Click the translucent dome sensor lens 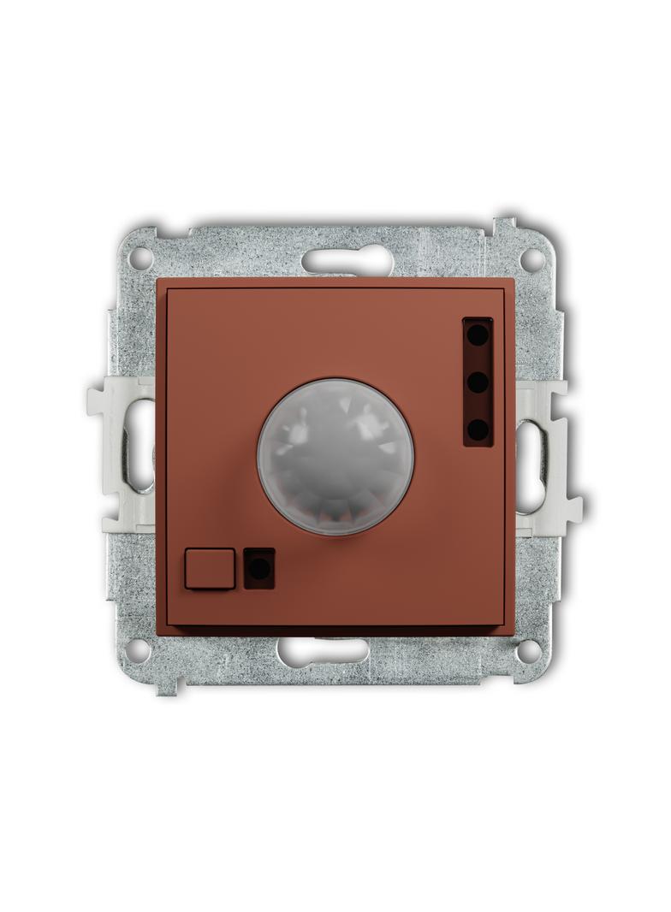coord(335,457)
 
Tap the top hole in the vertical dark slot coord(478,335)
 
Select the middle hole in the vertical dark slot coord(478,382)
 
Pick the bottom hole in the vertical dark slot coord(478,428)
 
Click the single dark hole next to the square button coord(260,568)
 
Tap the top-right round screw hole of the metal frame coord(531,256)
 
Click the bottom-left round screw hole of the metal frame coord(140,650)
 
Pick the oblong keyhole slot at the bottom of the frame coord(324,652)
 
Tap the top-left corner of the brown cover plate coord(158,280)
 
